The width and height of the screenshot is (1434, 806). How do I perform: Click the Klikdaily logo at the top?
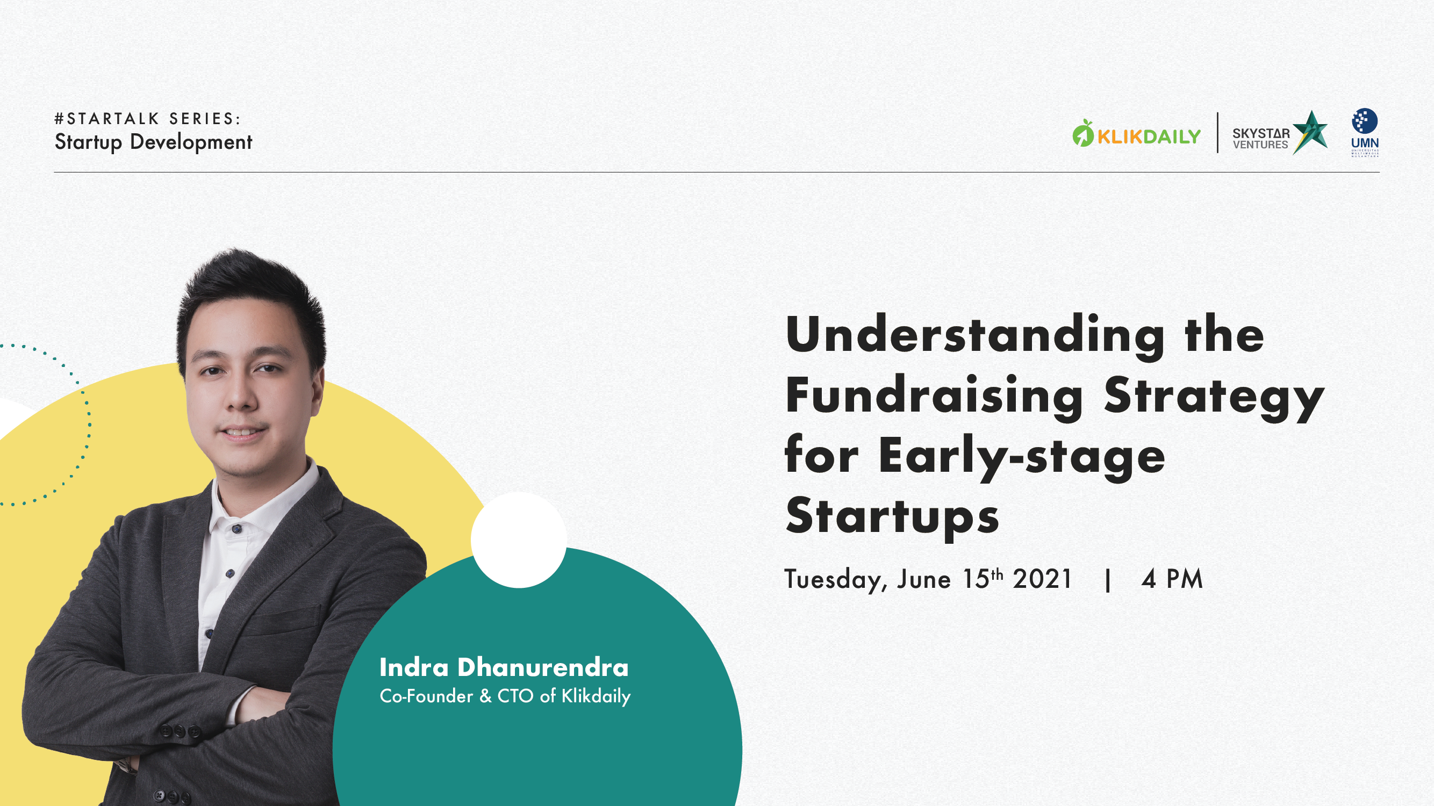(1136, 134)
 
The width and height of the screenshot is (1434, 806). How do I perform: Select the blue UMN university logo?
(1365, 133)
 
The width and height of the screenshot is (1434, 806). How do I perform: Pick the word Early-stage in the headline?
(1022, 456)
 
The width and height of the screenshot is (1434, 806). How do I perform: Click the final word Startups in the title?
(892, 516)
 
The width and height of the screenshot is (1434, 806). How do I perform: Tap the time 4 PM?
(1172, 579)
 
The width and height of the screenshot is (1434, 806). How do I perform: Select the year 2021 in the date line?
(1042, 579)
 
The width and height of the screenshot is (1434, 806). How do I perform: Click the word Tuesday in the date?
(833, 580)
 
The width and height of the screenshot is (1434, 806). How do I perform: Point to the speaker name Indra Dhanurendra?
(504, 667)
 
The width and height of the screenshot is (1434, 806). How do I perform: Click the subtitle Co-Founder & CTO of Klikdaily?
(505, 696)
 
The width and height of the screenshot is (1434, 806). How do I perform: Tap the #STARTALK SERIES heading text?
(147, 119)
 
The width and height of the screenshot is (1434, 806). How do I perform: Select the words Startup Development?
(154, 142)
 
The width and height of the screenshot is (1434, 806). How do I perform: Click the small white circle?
(519, 540)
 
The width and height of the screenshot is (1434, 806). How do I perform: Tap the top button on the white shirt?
(237, 528)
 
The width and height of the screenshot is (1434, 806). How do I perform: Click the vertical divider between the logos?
(1217, 133)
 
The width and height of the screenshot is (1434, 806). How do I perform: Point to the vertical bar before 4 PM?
(1108, 579)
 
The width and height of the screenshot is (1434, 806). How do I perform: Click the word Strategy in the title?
(1214, 399)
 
